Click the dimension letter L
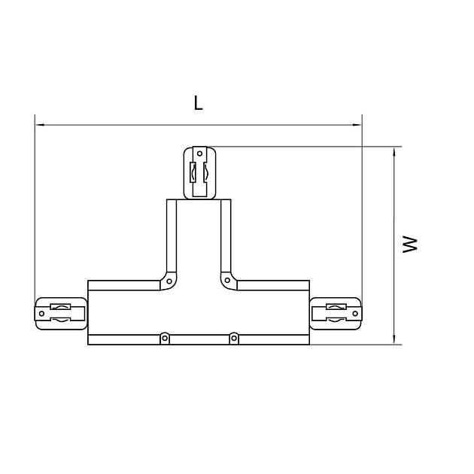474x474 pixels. (x=198, y=103)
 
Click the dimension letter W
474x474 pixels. (x=410, y=245)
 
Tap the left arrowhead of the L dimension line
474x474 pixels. (x=40, y=125)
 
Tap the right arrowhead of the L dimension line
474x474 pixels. (x=357, y=125)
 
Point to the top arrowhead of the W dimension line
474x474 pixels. (x=394, y=152)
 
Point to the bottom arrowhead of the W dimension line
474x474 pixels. (x=394, y=339)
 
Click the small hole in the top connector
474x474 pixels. (x=199, y=153)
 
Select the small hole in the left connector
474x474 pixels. (x=41, y=314)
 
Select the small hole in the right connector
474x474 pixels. (x=355, y=314)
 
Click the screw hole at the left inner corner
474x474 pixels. (x=169, y=281)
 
